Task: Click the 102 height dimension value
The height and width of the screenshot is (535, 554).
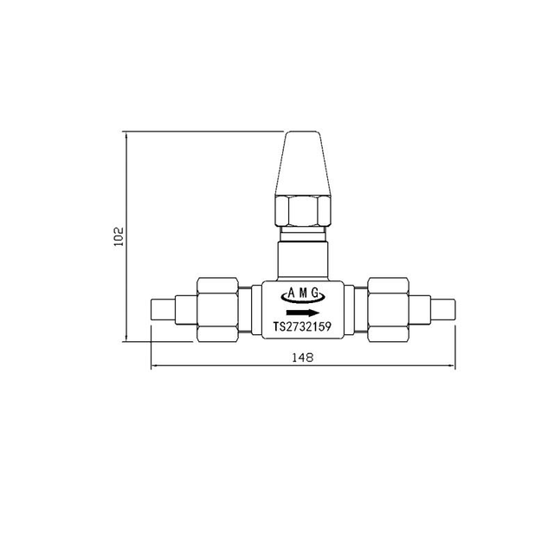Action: (x=119, y=236)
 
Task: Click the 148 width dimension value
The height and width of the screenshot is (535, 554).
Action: (x=302, y=357)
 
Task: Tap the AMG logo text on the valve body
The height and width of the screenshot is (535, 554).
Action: (x=302, y=293)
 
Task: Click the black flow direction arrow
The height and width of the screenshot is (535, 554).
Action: (x=302, y=312)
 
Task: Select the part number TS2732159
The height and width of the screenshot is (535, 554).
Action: (x=302, y=327)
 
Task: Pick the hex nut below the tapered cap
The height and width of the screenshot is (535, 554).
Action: (x=302, y=210)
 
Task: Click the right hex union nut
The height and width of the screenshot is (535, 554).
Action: (x=389, y=309)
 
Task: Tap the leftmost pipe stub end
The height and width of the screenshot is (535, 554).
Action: (x=161, y=310)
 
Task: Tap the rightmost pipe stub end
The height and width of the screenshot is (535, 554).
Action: (x=443, y=310)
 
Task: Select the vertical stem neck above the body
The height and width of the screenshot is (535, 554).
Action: (x=302, y=261)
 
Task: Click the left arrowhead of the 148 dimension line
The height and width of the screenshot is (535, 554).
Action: (x=155, y=366)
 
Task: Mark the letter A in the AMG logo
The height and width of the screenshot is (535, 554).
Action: (x=291, y=293)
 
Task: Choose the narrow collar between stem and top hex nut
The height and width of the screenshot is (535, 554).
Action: (x=302, y=234)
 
